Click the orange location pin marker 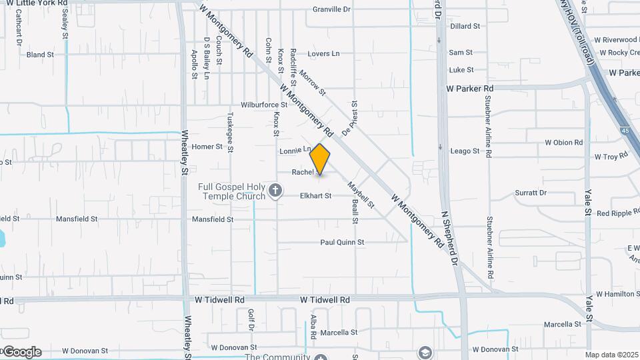[x=320, y=159]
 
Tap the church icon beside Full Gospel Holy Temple [x=275, y=192]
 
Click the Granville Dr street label [x=331, y=9]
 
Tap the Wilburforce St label [x=264, y=105]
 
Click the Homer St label [x=207, y=147]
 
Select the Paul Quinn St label [x=342, y=243]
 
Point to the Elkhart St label [x=315, y=196]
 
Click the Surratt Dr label [x=531, y=193]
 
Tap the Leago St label [x=465, y=151]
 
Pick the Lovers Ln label [x=323, y=54]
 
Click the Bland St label [x=40, y=55]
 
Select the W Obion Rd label [x=563, y=143]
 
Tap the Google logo [x=22, y=352]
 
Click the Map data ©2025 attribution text [x=612, y=355]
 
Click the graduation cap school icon [x=425, y=352]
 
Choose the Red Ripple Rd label [x=617, y=213]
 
